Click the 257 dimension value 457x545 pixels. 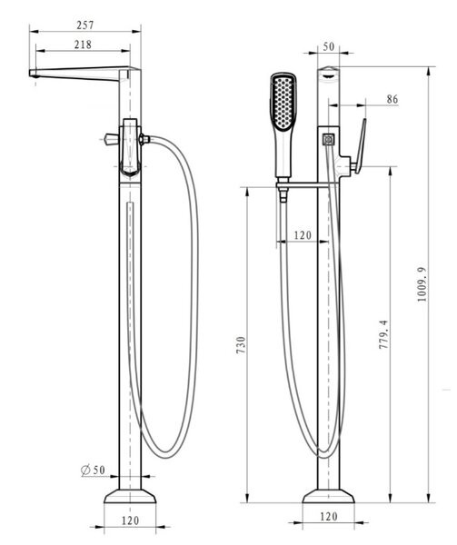pyautogui.click(x=85, y=25)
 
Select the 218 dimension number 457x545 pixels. pyautogui.click(x=83, y=45)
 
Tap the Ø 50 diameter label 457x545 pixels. pyautogui.click(x=93, y=471)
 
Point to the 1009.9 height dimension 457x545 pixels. pyautogui.click(x=422, y=284)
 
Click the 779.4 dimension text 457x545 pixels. pyautogui.click(x=382, y=335)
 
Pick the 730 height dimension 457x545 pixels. pyautogui.click(x=241, y=345)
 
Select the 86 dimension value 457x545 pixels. pyautogui.click(x=392, y=99)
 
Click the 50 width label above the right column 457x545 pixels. pyautogui.click(x=328, y=47)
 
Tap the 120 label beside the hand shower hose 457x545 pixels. pyautogui.click(x=303, y=235)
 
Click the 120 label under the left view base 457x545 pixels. pyautogui.click(x=130, y=520)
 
